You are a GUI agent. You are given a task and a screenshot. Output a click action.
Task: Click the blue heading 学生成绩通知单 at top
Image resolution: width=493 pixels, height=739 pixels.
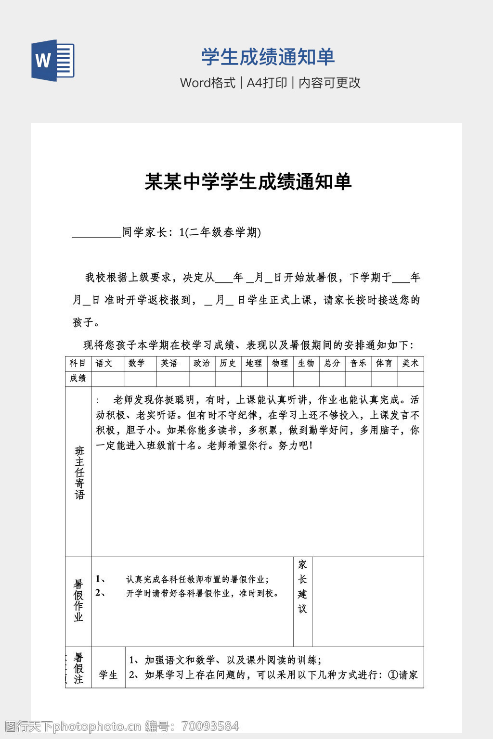268,57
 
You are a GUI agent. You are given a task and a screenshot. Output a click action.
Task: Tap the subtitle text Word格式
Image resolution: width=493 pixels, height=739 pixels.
208,83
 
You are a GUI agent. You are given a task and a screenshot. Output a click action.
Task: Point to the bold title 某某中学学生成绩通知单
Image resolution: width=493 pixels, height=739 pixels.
248,182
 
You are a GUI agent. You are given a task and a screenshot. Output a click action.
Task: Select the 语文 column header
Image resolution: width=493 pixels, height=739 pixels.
104,363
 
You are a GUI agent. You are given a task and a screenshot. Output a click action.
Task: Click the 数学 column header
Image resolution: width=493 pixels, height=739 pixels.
137,363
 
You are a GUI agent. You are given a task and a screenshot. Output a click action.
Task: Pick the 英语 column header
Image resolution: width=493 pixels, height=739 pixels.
169,363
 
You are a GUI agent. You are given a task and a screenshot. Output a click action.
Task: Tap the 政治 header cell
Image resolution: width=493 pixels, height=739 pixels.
202,363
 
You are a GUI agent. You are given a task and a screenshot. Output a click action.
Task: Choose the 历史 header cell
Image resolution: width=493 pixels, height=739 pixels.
228,363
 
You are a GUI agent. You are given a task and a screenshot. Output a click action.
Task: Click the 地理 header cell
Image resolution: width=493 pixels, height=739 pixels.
254,363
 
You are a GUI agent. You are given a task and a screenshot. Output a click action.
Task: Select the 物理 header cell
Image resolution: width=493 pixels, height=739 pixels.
280,363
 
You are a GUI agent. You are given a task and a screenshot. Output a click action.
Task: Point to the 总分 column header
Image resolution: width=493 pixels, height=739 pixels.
332,363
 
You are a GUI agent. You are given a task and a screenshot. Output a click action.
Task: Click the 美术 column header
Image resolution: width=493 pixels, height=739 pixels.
410,363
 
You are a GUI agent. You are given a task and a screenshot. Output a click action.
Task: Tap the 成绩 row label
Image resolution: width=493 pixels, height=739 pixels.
78,378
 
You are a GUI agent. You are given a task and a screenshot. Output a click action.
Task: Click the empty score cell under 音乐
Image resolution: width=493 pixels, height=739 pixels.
358,379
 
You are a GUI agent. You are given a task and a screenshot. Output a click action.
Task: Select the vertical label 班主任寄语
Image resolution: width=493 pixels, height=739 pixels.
79,472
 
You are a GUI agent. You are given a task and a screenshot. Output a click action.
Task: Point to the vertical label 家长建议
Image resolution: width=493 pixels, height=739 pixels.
302,586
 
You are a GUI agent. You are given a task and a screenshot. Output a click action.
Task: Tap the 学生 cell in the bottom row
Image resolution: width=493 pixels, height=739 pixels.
108,675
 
